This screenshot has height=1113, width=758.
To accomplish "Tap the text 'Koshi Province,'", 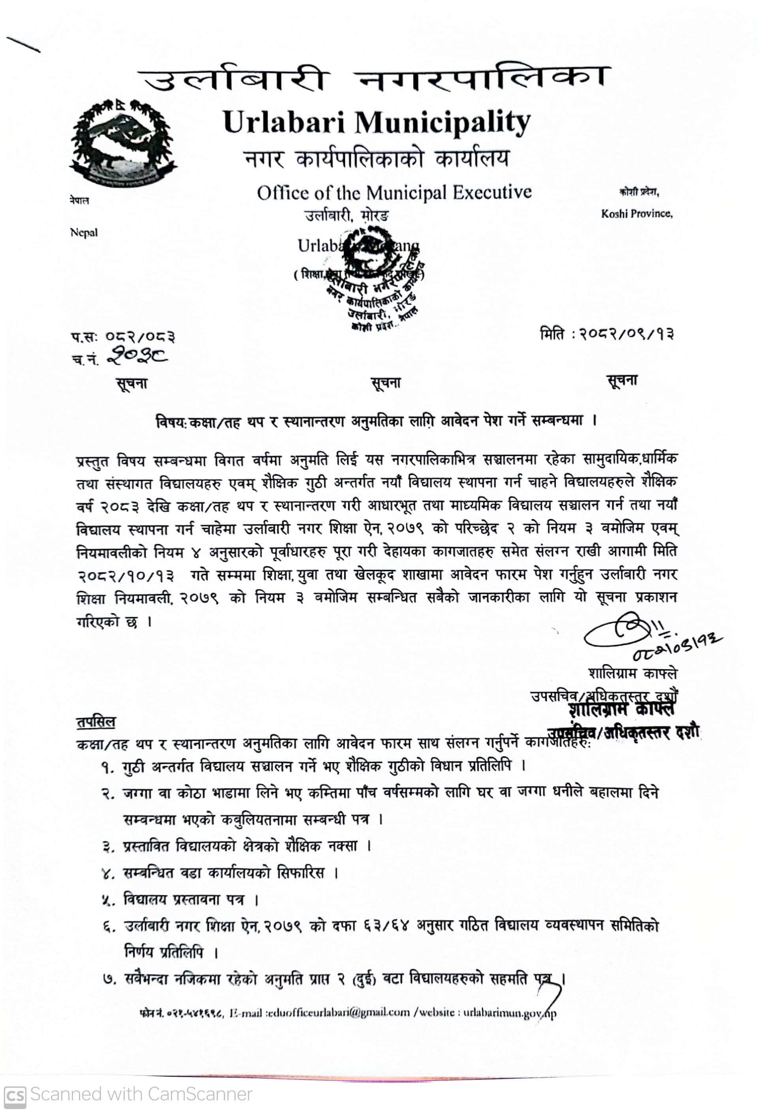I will click(x=636, y=214).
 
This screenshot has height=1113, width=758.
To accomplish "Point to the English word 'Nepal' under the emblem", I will click(x=84, y=233).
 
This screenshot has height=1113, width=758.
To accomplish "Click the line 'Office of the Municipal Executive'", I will click(x=394, y=193).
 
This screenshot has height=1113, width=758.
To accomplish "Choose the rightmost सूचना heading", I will click(x=622, y=381).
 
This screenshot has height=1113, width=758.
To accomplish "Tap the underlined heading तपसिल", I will click(x=96, y=722).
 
